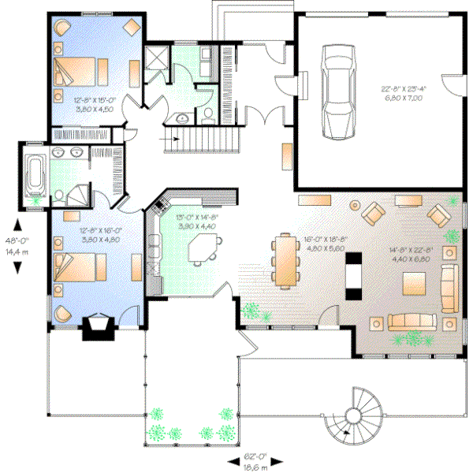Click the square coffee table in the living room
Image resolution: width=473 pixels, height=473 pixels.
[x=414, y=281]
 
